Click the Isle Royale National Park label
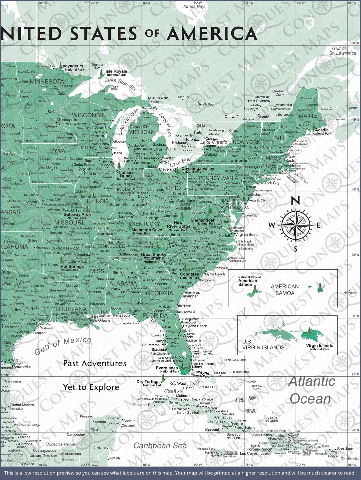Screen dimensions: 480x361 (116, 73)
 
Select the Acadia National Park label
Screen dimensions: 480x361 (322, 132)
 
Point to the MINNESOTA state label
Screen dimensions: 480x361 (47, 82)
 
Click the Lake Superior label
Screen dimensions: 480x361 (120, 84)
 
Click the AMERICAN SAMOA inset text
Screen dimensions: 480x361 (285, 290)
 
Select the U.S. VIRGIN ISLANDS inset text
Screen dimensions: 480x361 (263, 345)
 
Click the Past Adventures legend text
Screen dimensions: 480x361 (94, 363)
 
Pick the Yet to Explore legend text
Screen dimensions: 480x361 (91, 387)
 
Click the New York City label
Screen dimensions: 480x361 (267, 183)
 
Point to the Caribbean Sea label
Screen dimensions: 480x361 (160, 446)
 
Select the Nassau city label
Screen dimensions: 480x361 (220, 373)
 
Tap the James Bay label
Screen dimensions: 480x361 (193, 7)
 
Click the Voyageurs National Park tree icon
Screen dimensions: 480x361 (60, 66)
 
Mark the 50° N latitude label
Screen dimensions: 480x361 (355, 43)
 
